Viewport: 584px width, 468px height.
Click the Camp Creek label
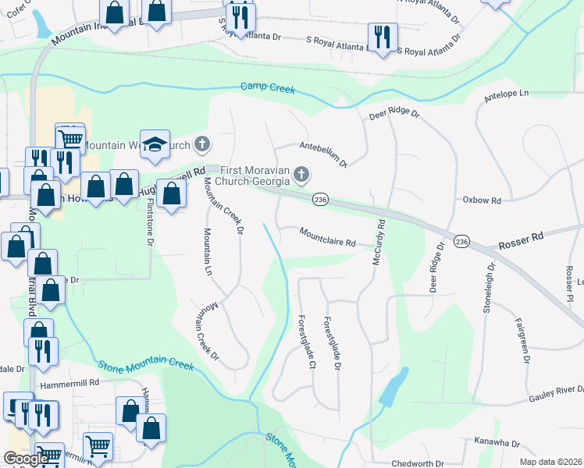click(268, 89)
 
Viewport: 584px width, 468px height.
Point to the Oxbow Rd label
click(481, 200)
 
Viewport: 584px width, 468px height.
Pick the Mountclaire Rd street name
click(328, 237)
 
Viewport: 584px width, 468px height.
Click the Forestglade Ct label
click(306, 342)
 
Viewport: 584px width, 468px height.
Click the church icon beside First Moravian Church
click(301, 174)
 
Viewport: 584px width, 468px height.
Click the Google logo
click(27, 459)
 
